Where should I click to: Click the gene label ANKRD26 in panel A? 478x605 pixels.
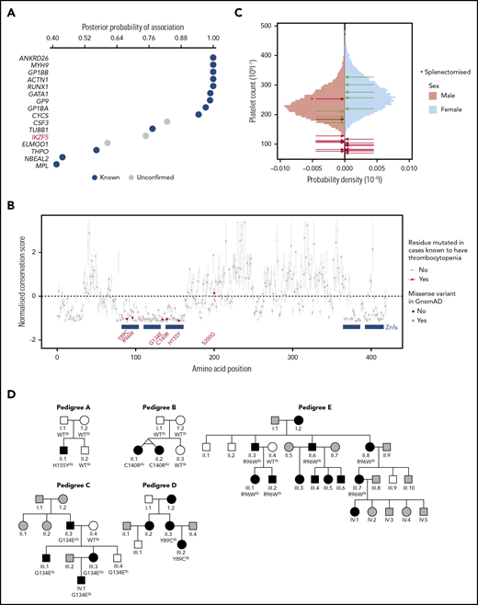pos(29,58)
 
